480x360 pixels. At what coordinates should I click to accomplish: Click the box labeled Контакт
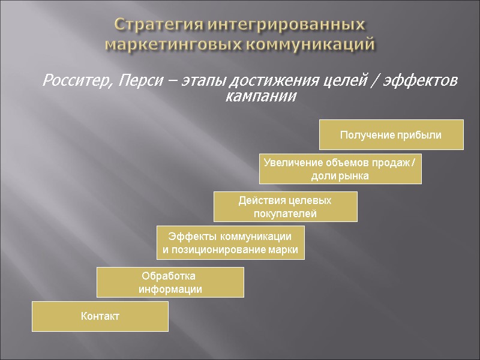100,316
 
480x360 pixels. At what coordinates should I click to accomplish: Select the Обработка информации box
170,283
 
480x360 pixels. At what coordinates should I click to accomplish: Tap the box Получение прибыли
391,135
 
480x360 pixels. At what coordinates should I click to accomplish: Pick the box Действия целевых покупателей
286,206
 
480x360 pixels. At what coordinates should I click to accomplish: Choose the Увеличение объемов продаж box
340,169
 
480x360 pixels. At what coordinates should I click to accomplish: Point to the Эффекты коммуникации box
230,243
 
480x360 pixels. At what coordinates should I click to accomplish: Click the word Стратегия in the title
158,26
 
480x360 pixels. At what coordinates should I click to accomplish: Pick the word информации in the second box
170,289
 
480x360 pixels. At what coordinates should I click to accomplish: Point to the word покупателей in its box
286,214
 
